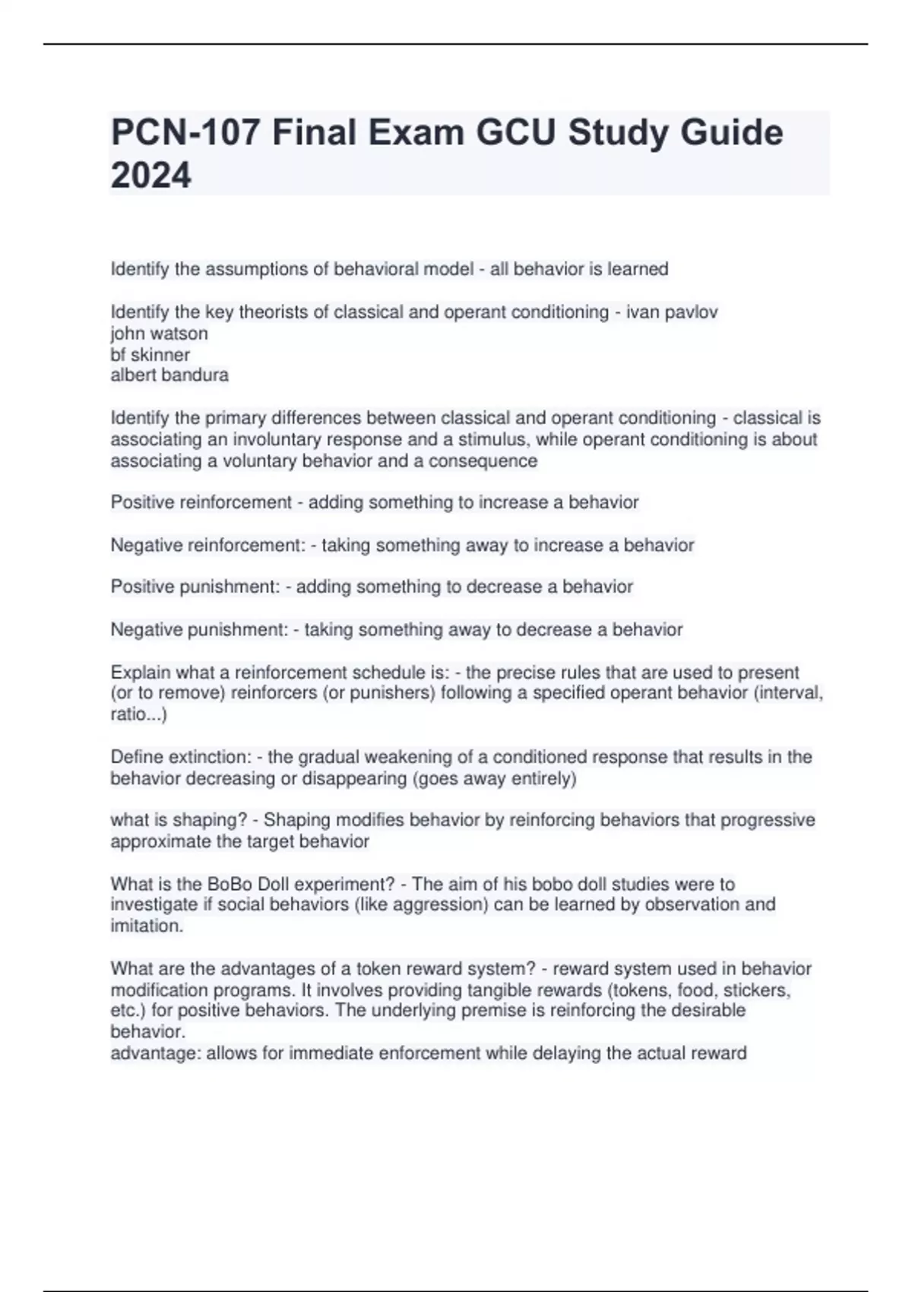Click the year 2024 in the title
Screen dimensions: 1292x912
(150, 176)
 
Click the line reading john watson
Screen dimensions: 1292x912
(159, 334)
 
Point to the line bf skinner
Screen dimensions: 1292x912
(150, 355)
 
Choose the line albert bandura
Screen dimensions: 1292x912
(169, 375)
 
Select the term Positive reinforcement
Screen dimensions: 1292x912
(201, 502)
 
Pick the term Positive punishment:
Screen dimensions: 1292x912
(195, 587)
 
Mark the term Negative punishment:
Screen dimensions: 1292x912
(199, 629)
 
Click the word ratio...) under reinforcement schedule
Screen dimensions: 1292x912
(138, 714)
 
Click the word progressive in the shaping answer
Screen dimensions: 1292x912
(768, 820)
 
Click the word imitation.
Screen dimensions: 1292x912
(147, 926)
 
